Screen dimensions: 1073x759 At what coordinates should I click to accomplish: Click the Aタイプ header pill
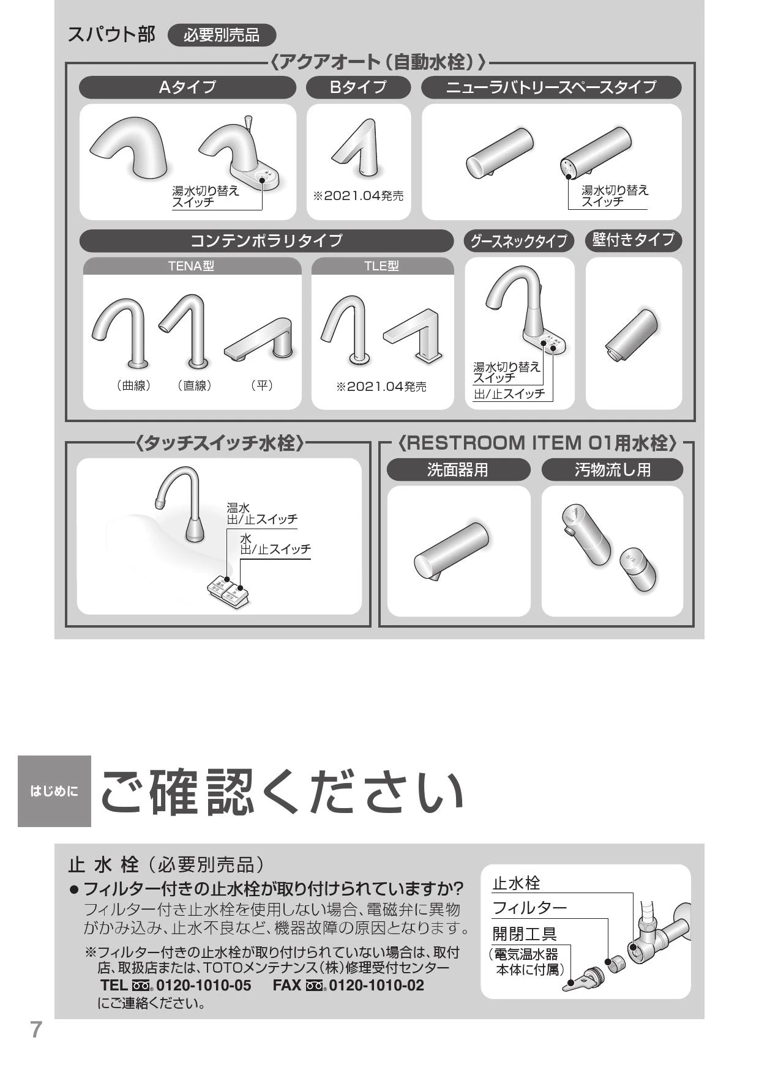[187, 87]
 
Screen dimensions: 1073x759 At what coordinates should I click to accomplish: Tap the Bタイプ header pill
[358, 87]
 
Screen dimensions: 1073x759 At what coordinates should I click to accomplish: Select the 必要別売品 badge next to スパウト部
[222, 35]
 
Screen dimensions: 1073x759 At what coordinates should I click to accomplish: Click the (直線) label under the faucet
[195, 385]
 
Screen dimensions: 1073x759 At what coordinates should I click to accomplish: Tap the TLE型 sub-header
[382, 266]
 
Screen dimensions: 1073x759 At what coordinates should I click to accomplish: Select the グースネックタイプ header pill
[518, 241]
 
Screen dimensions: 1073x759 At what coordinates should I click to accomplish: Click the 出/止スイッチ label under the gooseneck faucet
[509, 394]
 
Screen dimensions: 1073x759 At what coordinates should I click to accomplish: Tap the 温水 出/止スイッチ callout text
[262, 514]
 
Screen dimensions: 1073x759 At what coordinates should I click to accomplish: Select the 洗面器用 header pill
[458, 470]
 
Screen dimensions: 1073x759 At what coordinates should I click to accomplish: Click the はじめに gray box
[54, 791]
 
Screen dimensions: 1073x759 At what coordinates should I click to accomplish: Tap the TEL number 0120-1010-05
[203, 986]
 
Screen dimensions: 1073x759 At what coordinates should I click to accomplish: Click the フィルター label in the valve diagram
[529, 907]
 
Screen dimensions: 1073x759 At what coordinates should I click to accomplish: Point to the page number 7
[36, 1030]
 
